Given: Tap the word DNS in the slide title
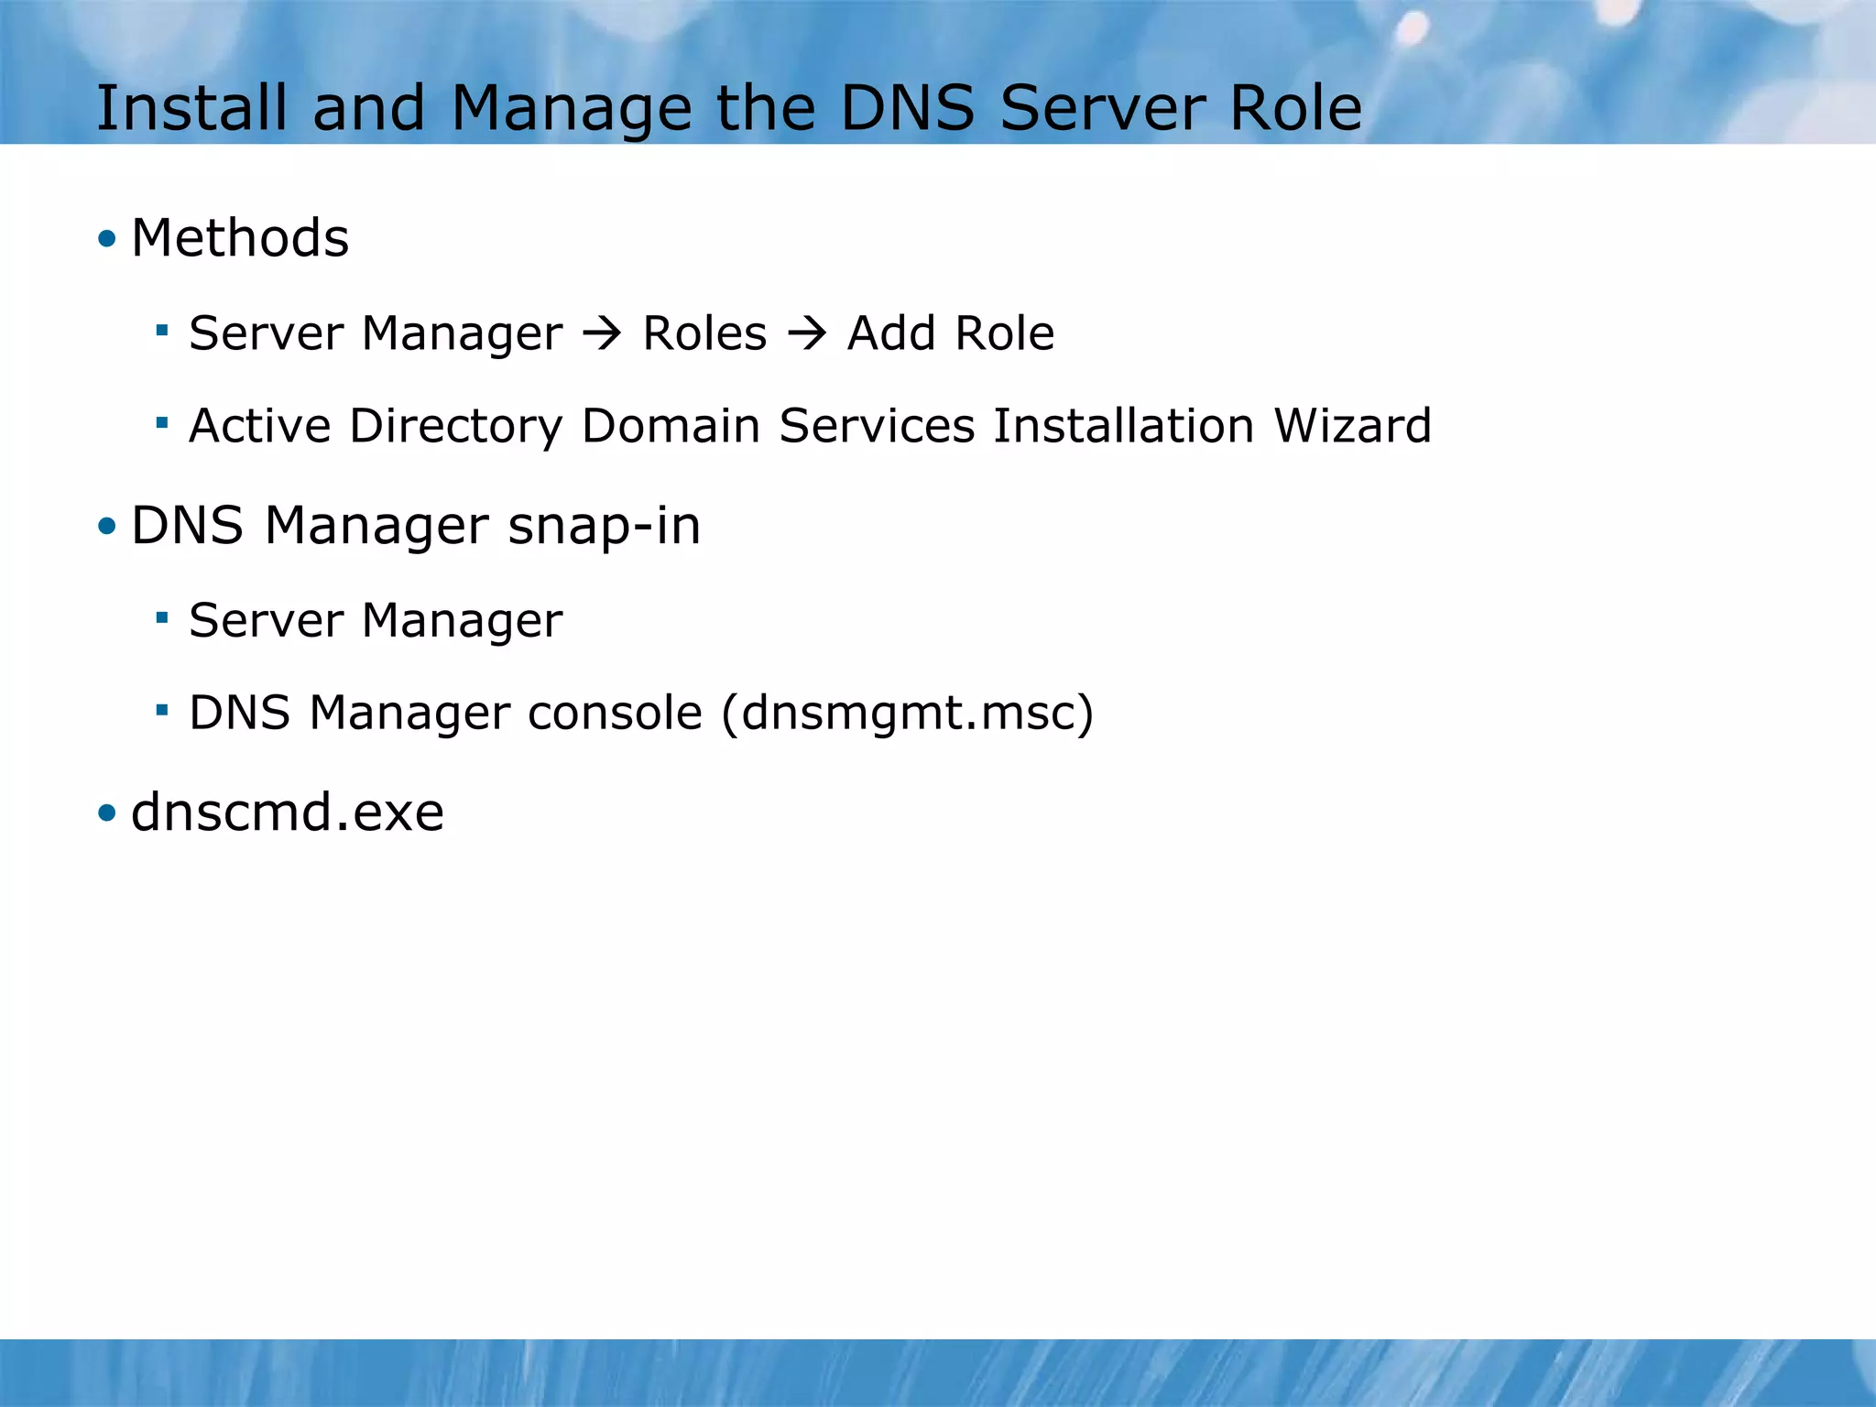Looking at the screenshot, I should pos(907,108).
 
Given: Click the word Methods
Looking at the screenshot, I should pos(240,238).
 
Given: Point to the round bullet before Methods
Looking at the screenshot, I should pos(107,240).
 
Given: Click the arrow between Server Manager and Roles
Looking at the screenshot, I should pos(602,333).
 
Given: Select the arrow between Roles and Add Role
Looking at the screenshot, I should pos(807,333).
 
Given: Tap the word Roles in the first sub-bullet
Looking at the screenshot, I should pos(704,333).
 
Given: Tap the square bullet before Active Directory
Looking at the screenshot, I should pos(162,423).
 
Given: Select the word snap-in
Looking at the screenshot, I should pos(605,527).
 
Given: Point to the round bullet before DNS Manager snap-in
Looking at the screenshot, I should pos(107,527).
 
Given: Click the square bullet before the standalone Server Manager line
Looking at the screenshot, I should pos(162,618).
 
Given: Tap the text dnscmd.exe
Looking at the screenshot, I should pos(288,813).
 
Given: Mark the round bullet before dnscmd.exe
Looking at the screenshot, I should pos(107,813).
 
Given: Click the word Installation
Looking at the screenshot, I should pos(1123,426).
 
